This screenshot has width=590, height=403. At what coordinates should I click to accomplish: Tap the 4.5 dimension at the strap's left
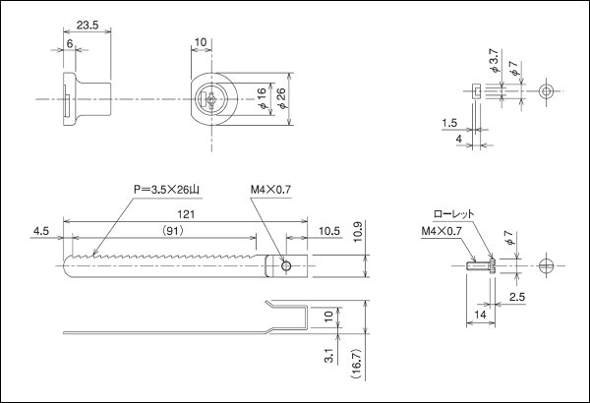tap(40, 233)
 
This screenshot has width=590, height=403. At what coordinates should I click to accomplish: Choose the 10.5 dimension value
tap(331, 233)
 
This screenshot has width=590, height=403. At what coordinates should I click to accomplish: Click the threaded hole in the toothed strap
tap(285, 264)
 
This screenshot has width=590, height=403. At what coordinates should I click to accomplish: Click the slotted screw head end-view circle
tap(547, 264)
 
